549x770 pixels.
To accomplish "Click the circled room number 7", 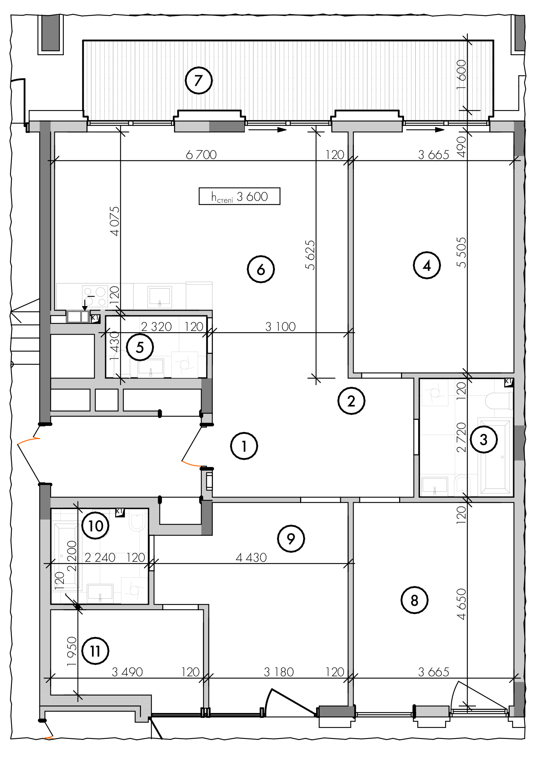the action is pyautogui.click(x=198, y=80).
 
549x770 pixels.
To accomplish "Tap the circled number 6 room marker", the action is pyautogui.click(x=261, y=269).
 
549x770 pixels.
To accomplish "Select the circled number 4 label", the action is pyautogui.click(x=427, y=265).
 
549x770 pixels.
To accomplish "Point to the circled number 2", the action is pyautogui.click(x=351, y=401).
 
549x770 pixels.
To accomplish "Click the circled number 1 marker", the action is pyautogui.click(x=244, y=446).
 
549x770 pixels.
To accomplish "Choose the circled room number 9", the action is pyautogui.click(x=291, y=538).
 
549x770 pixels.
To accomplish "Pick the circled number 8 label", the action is pyautogui.click(x=414, y=600).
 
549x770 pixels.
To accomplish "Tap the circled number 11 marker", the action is pyautogui.click(x=95, y=651).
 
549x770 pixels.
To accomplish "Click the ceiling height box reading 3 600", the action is pyautogui.click(x=239, y=196).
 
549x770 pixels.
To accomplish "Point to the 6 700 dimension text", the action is pyautogui.click(x=201, y=154).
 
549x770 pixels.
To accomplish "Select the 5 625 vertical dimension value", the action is pyautogui.click(x=310, y=255).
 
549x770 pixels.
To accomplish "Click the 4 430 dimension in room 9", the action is pyautogui.click(x=251, y=557).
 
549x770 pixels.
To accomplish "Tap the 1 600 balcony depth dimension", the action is pyautogui.click(x=461, y=74).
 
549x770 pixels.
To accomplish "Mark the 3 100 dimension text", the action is pyautogui.click(x=280, y=326).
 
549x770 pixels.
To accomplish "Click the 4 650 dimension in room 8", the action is pyautogui.click(x=461, y=604).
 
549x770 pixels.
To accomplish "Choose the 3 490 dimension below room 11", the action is pyautogui.click(x=127, y=672).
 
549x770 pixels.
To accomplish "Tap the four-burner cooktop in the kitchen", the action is pyautogui.click(x=95, y=296).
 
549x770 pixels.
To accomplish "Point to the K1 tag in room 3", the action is pyautogui.click(x=509, y=382).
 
